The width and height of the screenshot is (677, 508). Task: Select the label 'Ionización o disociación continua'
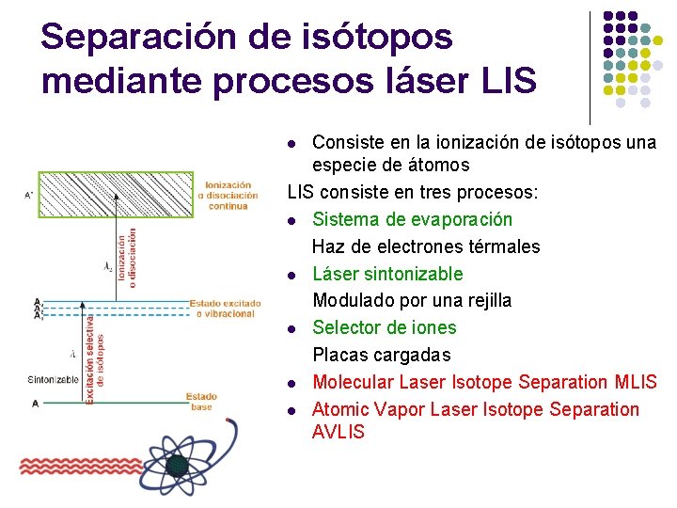click(228, 196)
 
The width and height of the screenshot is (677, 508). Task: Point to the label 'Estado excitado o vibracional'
click(224, 309)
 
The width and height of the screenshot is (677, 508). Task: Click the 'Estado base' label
click(201, 401)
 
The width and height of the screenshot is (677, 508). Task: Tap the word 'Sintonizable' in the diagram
click(54, 380)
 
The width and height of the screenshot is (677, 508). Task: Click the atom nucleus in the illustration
click(177, 465)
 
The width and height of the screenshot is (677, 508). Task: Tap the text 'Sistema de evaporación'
click(412, 219)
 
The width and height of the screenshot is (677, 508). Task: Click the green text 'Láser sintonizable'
click(387, 274)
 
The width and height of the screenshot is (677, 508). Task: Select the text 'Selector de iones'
click(384, 327)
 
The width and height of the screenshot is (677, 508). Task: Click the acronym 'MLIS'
click(636, 382)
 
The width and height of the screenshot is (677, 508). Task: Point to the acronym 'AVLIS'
click(338, 432)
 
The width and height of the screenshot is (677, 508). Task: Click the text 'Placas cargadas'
click(381, 355)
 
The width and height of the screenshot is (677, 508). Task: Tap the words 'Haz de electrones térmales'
click(426, 246)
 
